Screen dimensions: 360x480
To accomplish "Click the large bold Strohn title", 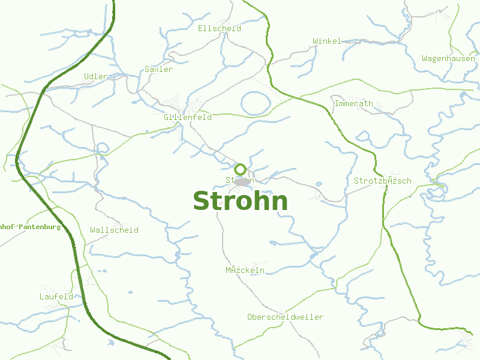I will click(x=240, y=201).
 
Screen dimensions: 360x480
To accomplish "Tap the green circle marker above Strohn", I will click(x=241, y=169).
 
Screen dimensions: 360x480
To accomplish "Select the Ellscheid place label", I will click(x=220, y=28).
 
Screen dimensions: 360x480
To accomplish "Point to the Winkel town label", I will click(x=327, y=41).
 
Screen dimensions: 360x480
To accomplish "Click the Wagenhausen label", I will click(x=449, y=59).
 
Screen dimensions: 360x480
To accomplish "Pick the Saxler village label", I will click(x=159, y=69).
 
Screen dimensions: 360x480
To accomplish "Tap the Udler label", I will click(x=96, y=76).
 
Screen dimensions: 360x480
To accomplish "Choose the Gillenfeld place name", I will click(x=188, y=117).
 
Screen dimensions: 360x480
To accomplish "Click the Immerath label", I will click(x=354, y=103).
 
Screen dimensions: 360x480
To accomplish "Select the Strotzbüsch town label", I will click(x=383, y=181).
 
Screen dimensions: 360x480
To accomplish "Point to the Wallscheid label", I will click(x=114, y=230).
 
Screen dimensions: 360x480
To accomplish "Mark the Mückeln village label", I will click(x=245, y=270).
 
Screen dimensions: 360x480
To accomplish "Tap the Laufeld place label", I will click(x=56, y=296).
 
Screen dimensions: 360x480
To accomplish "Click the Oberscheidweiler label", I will click(x=285, y=317).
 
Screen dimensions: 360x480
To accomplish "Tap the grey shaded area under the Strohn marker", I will click(x=242, y=181).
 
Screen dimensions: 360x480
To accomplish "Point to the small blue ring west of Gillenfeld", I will click(x=103, y=148).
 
